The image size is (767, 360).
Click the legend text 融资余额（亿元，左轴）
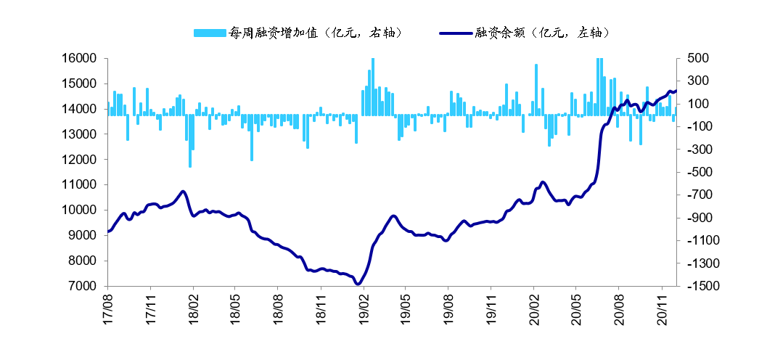tap(541, 33)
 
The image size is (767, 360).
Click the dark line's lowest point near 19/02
tap(358, 284)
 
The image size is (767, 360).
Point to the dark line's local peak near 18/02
tap(183, 192)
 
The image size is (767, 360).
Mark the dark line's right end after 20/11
tap(676, 91)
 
